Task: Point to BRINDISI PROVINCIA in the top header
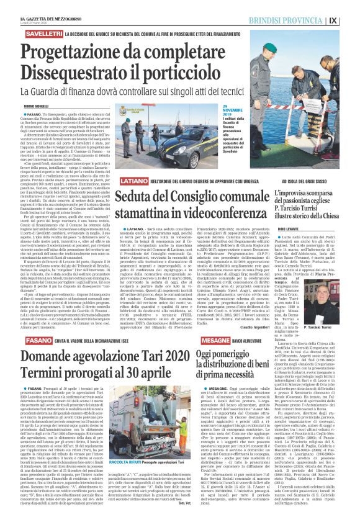(x=308, y=19)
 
